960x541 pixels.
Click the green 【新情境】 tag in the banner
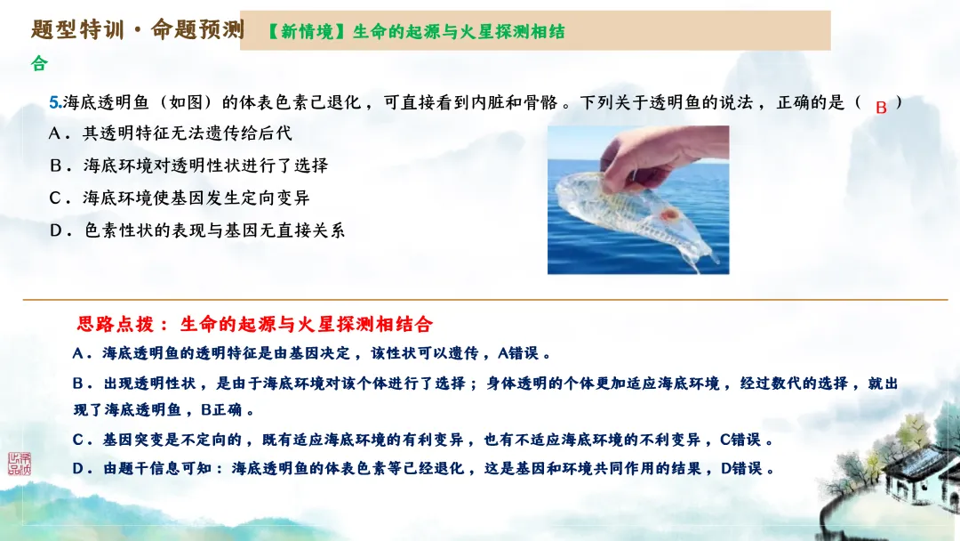(308, 31)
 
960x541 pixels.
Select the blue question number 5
(54, 103)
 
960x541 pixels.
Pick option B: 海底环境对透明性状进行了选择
(189, 166)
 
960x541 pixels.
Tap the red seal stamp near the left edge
(19, 463)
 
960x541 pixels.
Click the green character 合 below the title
(38, 64)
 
